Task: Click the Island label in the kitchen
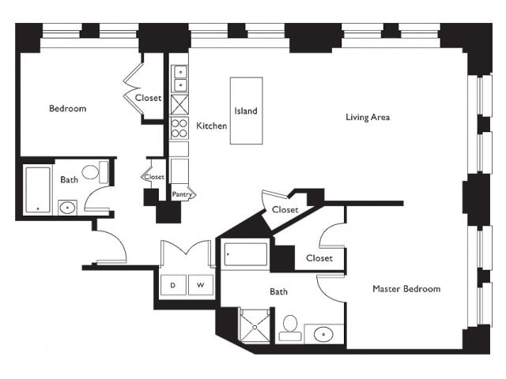246,111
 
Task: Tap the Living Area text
368,117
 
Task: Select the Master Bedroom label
406,288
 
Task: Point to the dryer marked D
173,285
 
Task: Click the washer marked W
201,285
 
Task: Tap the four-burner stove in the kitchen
179,128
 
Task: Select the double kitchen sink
179,79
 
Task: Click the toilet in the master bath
290,328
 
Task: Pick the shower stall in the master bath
255,326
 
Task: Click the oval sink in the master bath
323,334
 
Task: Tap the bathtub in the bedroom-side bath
38,189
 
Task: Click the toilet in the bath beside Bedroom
95,172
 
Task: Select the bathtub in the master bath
246,254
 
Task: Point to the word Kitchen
212,126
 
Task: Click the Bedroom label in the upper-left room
68,108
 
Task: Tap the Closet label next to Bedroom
148,98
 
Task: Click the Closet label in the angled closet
285,210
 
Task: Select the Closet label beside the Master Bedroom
319,258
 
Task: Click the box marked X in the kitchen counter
179,104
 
